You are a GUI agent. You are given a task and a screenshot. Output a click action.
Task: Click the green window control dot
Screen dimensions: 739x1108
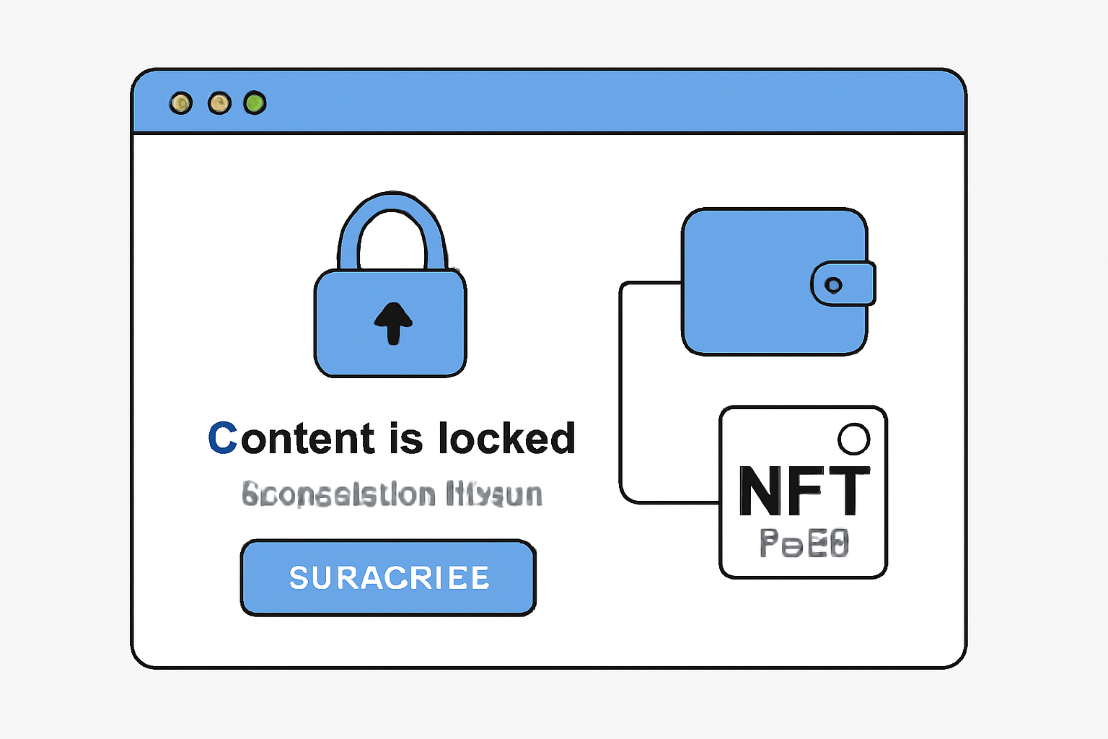click(x=255, y=103)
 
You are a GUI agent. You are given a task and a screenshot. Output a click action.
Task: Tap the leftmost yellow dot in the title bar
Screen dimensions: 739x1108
click(x=181, y=103)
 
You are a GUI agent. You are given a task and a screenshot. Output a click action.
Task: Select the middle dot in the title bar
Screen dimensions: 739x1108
click(x=219, y=103)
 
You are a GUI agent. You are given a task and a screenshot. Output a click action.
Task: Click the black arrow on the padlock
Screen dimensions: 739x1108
click(x=393, y=322)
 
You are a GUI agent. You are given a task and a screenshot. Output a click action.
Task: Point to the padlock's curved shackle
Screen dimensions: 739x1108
click(x=392, y=209)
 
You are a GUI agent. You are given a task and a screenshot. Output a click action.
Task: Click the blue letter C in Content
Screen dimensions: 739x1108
click(x=222, y=438)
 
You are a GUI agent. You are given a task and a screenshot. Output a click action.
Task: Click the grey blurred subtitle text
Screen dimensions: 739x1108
click(x=392, y=494)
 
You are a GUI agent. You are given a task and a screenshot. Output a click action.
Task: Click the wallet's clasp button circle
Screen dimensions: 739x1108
click(x=833, y=285)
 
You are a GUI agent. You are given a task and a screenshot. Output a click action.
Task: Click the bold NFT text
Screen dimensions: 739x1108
click(x=804, y=491)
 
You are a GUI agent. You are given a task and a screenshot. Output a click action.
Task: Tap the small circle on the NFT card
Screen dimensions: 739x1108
click(x=854, y=439)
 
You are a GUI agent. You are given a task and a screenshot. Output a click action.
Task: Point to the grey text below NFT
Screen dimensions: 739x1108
click(x=804, y=543)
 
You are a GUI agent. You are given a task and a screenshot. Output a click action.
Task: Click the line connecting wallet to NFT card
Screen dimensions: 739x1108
click(x=621, y=390)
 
